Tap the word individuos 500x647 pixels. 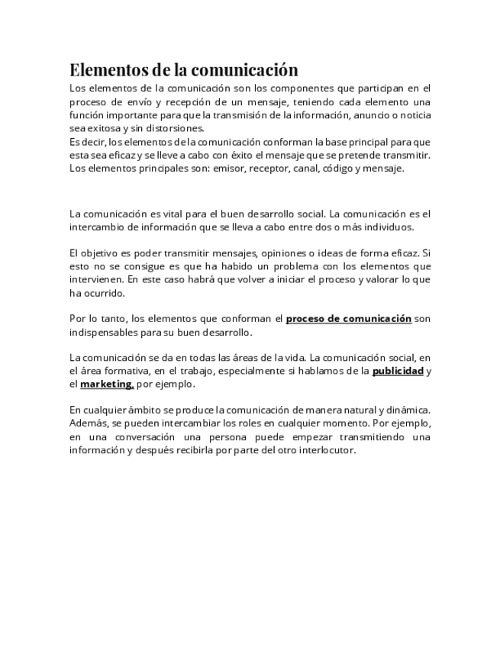click(x=388, y=227)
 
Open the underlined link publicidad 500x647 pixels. click(x=398, y=371)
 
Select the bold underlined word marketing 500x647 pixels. click(x=106, y=384)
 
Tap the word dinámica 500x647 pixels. click(x=407, y=410)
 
